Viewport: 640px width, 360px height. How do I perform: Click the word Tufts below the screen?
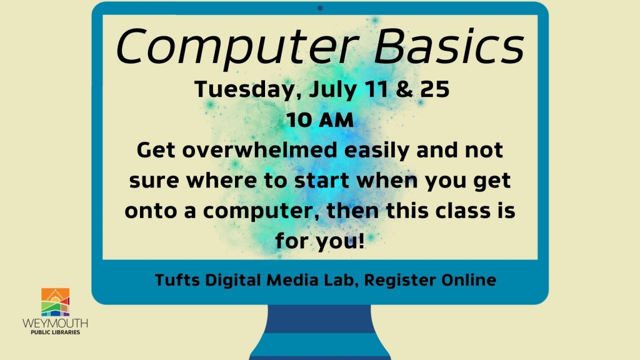(175, 280)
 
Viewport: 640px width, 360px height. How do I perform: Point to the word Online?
(469, 280)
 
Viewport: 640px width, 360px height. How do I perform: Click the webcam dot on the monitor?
(320, 8)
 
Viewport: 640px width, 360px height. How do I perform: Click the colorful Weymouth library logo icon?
(55, 302)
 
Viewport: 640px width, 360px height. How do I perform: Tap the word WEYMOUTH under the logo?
(55, 323)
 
